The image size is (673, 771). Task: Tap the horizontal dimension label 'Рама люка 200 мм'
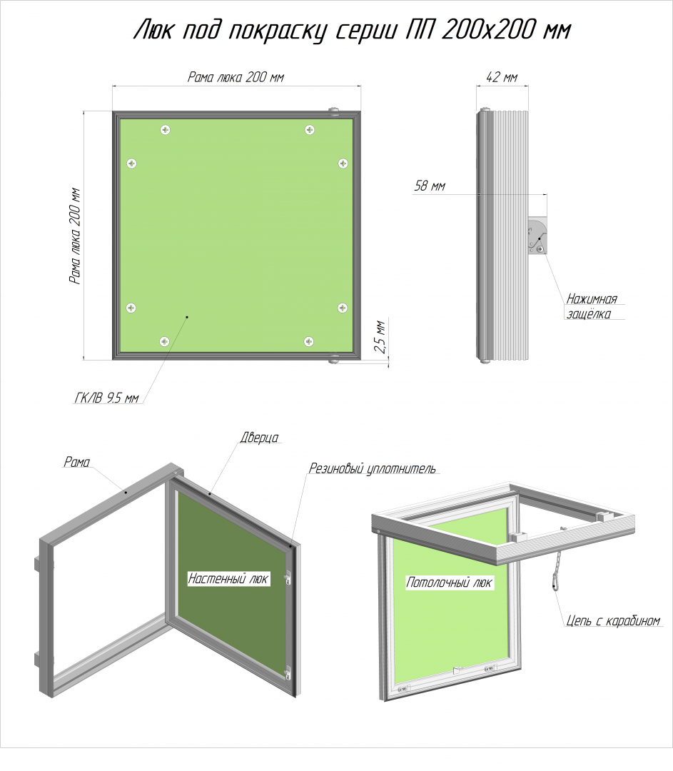236,77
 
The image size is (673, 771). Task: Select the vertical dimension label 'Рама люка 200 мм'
75,236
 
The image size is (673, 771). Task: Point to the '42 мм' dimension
502,77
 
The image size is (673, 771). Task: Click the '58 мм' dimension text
430,186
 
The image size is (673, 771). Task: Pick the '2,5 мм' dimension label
380,336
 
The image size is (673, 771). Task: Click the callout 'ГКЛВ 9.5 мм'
106,398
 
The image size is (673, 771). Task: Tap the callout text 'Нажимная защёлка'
592,306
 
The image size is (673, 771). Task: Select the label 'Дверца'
259,437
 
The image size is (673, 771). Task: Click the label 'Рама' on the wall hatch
76,462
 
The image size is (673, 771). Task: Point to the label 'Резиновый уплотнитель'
372,468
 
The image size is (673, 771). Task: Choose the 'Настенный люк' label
228,579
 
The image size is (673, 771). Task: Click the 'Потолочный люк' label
449,583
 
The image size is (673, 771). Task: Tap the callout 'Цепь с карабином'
613,620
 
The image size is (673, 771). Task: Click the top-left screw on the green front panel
165,130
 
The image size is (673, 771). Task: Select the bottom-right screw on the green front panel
309,341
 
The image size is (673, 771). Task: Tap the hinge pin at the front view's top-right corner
334,110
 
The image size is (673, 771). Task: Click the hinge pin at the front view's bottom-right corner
334,361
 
